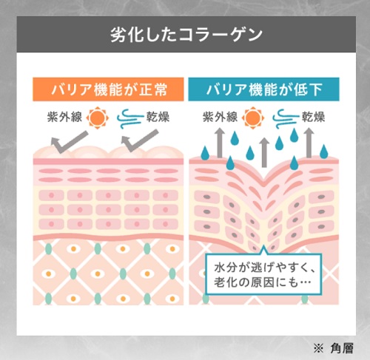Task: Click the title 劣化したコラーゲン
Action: (x=186, y=35)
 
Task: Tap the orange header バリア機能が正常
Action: (x=108, y=89)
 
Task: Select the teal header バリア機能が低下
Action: (x=263, y=89)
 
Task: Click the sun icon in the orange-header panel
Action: (x=98, y=118)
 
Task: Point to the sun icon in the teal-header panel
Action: (x=253, y=118)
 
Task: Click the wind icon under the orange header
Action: (x=130, y=119)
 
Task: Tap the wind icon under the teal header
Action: (x=286, y=119)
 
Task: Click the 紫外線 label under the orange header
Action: (x=64, y=117)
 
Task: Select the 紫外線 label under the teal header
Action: (x=220, y=117)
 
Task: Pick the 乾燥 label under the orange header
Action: (x=158, y=117)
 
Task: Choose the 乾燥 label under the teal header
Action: (x=313, y=117)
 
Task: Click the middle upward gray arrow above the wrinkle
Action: (x=264, y=153)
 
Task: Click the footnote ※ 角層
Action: (x=334, y=348)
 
